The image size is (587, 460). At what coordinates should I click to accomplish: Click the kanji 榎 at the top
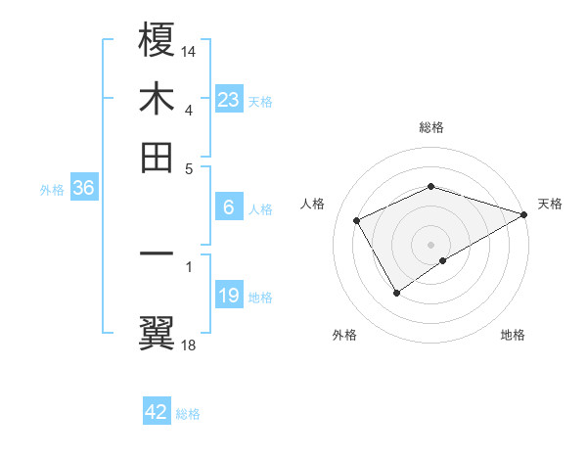click(x=158, y=40)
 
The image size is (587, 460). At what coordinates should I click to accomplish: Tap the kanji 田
click(x=158, y=156)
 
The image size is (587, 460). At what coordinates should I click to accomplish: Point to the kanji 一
click(x=158, y=254)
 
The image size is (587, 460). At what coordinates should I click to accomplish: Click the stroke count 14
click(x=189, y=51)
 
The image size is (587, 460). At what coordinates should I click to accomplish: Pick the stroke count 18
click(x=189, y=345)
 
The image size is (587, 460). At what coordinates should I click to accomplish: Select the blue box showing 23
click(x=229, y=99)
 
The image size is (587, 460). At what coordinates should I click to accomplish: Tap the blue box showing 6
click(x=229, y=207)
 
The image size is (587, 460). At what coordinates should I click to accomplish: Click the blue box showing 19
click(x=229, y=296)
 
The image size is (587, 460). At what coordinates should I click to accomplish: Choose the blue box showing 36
click(x=83, y=189)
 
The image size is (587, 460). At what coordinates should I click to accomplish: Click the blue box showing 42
click(x=157, y=412)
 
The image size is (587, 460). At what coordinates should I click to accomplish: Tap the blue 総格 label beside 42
click(x=188, y=414)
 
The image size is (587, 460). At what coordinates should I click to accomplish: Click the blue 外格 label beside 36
click(x=52, y=190)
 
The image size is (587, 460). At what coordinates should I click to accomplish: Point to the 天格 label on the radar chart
click(x=550, y=204)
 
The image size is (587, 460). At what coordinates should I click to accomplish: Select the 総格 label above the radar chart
click(x=431, y=127)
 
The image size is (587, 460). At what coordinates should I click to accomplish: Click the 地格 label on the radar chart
click(x=513, y=336)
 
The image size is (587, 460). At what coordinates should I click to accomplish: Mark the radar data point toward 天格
click(x=524, y=214)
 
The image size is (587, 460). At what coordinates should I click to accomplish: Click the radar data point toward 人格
click(x=357, y=220)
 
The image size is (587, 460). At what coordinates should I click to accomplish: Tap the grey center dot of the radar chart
click(x=431, y=244)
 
